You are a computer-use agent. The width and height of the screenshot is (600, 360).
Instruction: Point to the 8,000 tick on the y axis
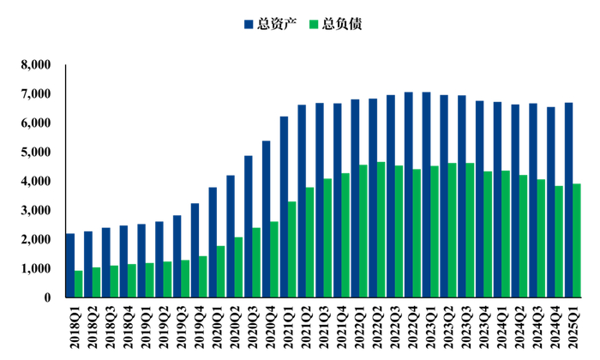click(x=35, y=64)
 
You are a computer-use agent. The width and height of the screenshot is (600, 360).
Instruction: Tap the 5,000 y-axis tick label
click(x=35, y=152)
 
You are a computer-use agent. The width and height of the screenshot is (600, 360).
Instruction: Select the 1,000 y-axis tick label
click(x=35, y=268)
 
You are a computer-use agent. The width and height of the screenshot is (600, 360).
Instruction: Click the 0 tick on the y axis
click(x=46, y=297)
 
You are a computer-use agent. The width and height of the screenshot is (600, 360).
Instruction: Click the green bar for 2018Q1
click(x=79, y=284)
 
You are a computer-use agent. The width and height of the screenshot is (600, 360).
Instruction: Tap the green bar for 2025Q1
click(x=577, y=240)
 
